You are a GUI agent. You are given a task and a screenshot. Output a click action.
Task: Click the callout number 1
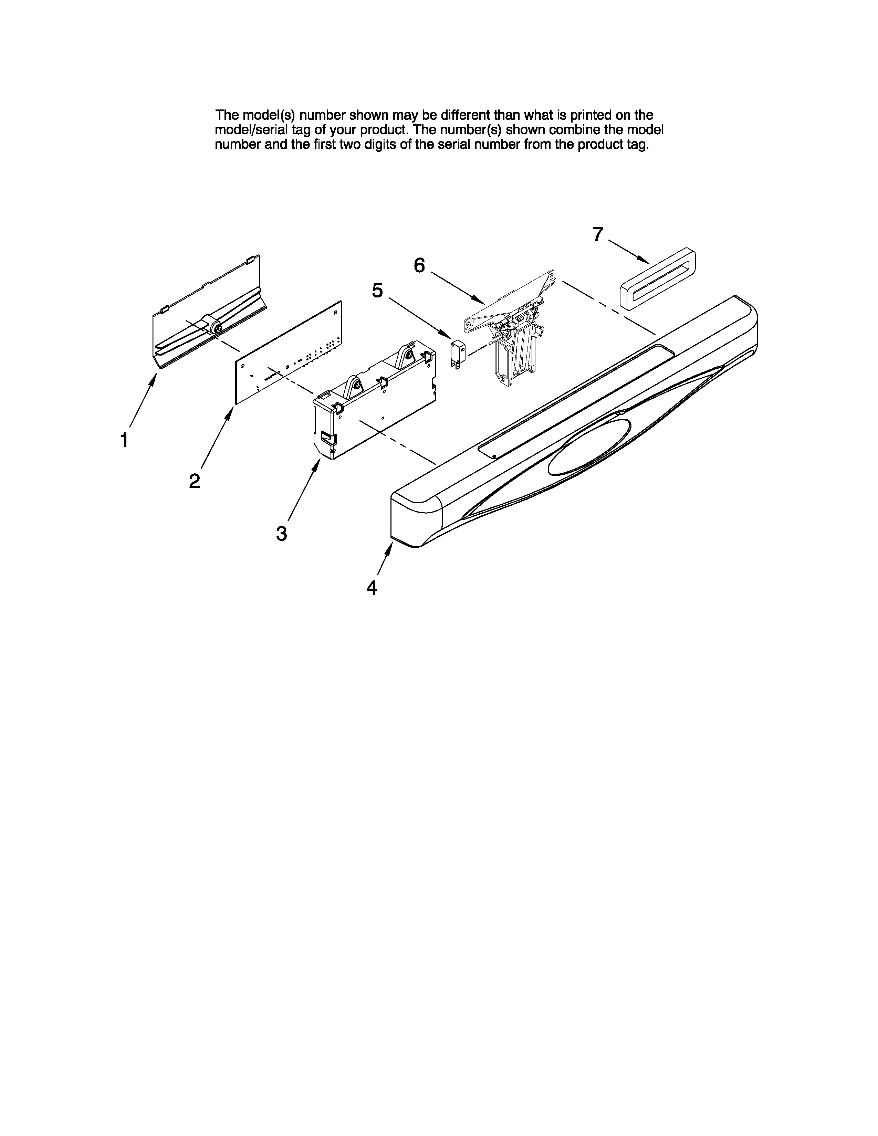124,441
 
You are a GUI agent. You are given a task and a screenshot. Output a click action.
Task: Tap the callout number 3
281,533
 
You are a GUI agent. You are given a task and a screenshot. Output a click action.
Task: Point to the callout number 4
372,588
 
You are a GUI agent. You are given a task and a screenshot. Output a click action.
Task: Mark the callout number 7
598,234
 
